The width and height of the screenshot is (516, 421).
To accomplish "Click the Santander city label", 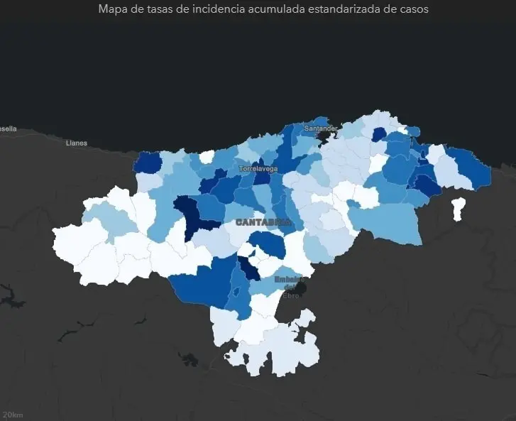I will point(320,129).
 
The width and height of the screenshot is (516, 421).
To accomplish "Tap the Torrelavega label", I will point(258,169).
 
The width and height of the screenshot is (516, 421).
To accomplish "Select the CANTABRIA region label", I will point(263,222).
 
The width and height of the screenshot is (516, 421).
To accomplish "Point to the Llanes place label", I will point(76,143).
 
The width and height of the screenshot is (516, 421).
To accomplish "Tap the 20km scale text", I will point(13,414).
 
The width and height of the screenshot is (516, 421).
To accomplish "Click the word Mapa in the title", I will point(114,9).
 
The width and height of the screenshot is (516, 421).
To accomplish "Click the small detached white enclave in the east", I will point(459,207).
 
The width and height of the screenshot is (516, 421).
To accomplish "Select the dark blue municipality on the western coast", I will point(147,163).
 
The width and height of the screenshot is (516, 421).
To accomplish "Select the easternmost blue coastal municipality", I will point(472,168).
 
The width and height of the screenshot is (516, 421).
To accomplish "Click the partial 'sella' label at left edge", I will point(7,129).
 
